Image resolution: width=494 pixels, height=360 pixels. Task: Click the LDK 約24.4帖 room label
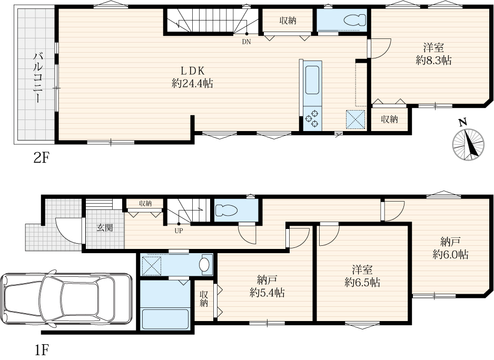point(192,77)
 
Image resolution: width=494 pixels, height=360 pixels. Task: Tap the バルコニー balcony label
point(38,78)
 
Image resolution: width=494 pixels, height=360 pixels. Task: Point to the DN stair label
point(246,41)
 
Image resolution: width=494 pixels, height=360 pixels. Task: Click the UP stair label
point(179,231)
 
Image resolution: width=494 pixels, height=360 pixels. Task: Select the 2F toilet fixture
point(355,21)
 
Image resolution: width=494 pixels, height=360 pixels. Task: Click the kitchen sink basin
point(312,80)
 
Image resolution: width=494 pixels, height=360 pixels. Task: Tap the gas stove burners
point(312,119)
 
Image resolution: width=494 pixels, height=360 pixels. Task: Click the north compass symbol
point(468,144)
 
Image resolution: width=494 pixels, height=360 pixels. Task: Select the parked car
point(66,298)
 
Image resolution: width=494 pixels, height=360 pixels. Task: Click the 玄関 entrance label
point(105,227)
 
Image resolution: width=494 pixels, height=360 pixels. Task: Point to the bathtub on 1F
point(165,319)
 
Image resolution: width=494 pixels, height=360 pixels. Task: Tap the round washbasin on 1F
point(205,264)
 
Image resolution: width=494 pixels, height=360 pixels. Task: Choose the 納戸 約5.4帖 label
point(267,286)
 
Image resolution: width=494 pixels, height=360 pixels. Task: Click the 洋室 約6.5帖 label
point(362,276)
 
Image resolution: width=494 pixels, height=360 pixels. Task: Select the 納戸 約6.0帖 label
point(450,248)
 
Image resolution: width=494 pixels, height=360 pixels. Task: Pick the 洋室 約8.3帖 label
point(433,54)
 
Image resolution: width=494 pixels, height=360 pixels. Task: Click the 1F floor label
point(41,349)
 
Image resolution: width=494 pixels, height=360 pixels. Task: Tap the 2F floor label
point(41,158)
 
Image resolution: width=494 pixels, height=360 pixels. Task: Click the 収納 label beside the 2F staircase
point(288,21)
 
